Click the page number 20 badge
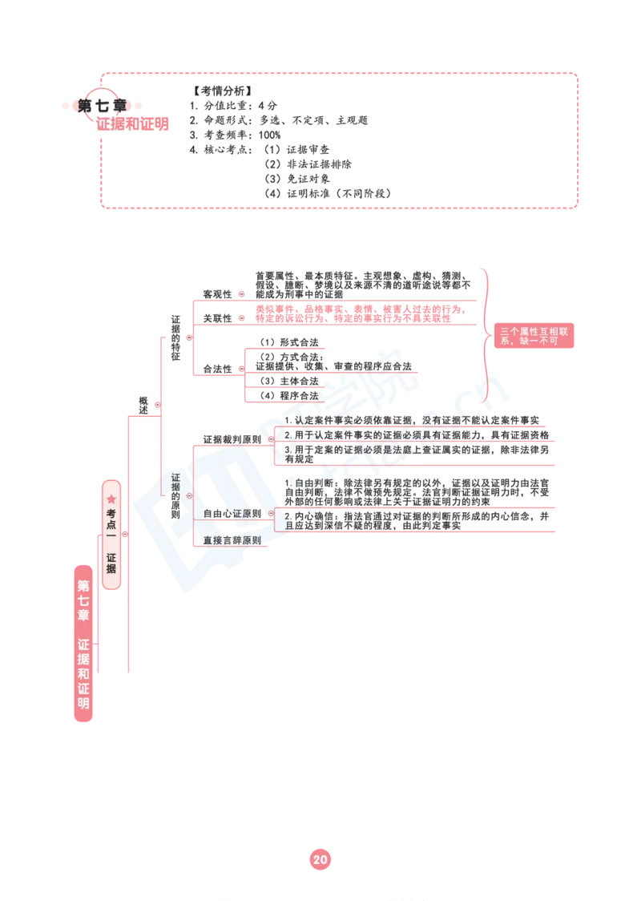pyautogui.click(x=320, y=859)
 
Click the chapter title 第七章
pyautogui.click(x=103, y=106)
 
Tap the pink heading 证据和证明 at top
pyautogui.click(x=132, y=123)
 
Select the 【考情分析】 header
pyautogui.click(x=222, y=91)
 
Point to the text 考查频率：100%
pyautogui.click(x=235, y=135)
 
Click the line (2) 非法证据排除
pyautogui.click(x=308, y=164)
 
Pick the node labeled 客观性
pyautogui.click(x=217, y=294)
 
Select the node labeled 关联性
pyautogui.click(x=217, y=318)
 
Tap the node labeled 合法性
pyautogui.click(x=217, y=369)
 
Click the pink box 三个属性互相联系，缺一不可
pyautogui.click(x=534, y=336)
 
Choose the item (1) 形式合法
pyautogui.click(x=289, y=342)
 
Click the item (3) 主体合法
pyautogui.click(x=289, y=381)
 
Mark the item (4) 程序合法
pyautogui.click(x=289, y=395)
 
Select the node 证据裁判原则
pyautogui.click(x=232, y=439)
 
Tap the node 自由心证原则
pyautogui.click(x=232, y=513)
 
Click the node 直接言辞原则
pyautogui.click(x=232, y=540)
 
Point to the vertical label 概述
pyautogui.click(x=143, y=405)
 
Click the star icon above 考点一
pyautogui.click(x=111, y=499)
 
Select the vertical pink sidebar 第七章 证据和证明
pyautogui.click(x=83, y=643)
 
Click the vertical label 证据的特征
pyautogui.click(x=175, y=338)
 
